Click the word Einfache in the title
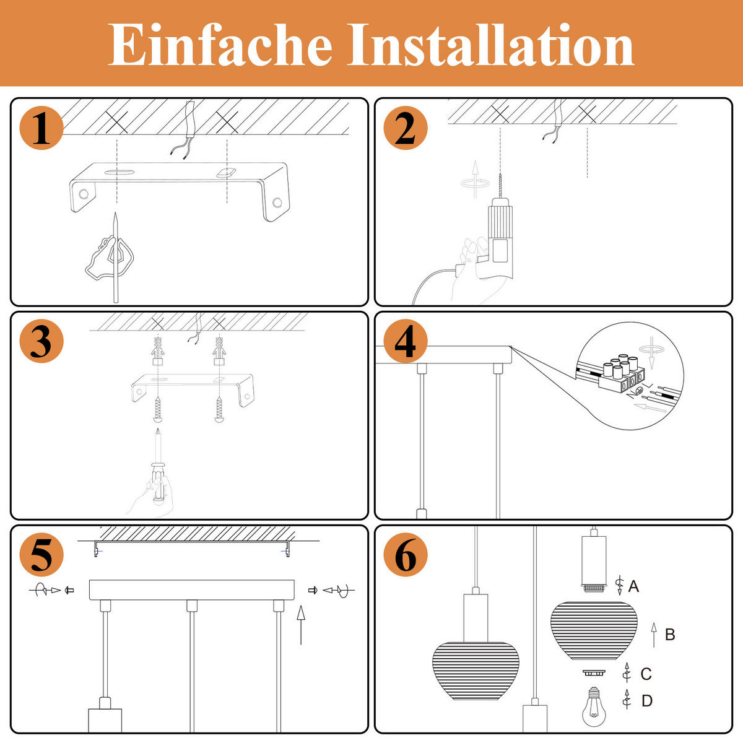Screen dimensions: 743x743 (x=220, y=45)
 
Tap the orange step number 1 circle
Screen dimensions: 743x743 (x=41, y=129)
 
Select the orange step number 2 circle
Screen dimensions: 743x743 (x=406, y=129)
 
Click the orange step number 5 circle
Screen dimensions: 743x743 (x=41, y=555)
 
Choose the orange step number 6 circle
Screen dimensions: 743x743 (x=406, y=555)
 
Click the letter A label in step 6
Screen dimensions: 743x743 (x=633, y=586)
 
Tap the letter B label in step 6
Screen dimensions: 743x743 (x=669, y=635)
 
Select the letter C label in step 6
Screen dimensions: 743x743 (x=646, y=674)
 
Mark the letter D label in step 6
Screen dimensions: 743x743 (x=646, y=701)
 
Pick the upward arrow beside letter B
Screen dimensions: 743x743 (x=654, y=635)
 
